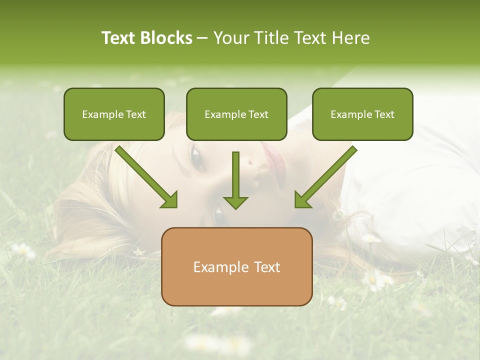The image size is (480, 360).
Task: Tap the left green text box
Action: pos(114,114)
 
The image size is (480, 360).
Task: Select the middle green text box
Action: pos(236,114)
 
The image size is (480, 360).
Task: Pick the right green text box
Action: pos(362,114)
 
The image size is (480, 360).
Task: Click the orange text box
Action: pos(236,266)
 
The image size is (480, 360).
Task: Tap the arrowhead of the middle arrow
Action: pos(235,202)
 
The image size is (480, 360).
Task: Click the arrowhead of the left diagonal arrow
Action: pos(170,200)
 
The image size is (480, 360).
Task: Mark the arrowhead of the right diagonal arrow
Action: pos(302,200)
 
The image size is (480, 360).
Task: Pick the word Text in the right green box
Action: pos(384,114)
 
